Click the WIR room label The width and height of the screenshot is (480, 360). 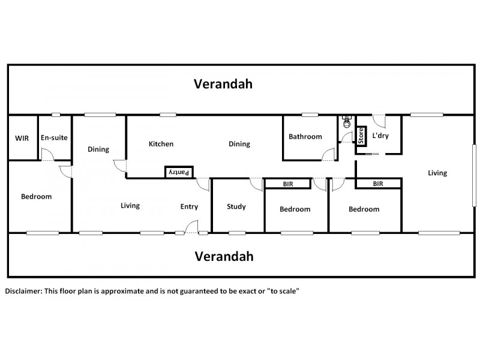point(22,137)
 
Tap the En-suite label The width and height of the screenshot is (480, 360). point(54,137)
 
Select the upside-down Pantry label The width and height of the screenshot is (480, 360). point(179,172)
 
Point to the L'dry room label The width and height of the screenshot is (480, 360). point(380,136)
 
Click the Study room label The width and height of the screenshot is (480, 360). point(236,207)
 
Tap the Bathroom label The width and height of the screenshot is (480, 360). point(305,137)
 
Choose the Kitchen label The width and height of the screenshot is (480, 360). point(161,144)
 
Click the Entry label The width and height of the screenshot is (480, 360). point(189,207)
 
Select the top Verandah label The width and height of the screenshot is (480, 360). point(223,84)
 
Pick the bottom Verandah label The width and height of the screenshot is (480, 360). point(223,257)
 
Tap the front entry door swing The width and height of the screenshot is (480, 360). point(192,227)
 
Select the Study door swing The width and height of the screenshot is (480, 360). point(257,184)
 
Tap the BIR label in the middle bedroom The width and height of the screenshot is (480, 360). point(288,184)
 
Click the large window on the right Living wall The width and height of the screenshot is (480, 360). point(475,175)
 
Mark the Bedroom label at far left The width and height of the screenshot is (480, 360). point(36,196)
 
